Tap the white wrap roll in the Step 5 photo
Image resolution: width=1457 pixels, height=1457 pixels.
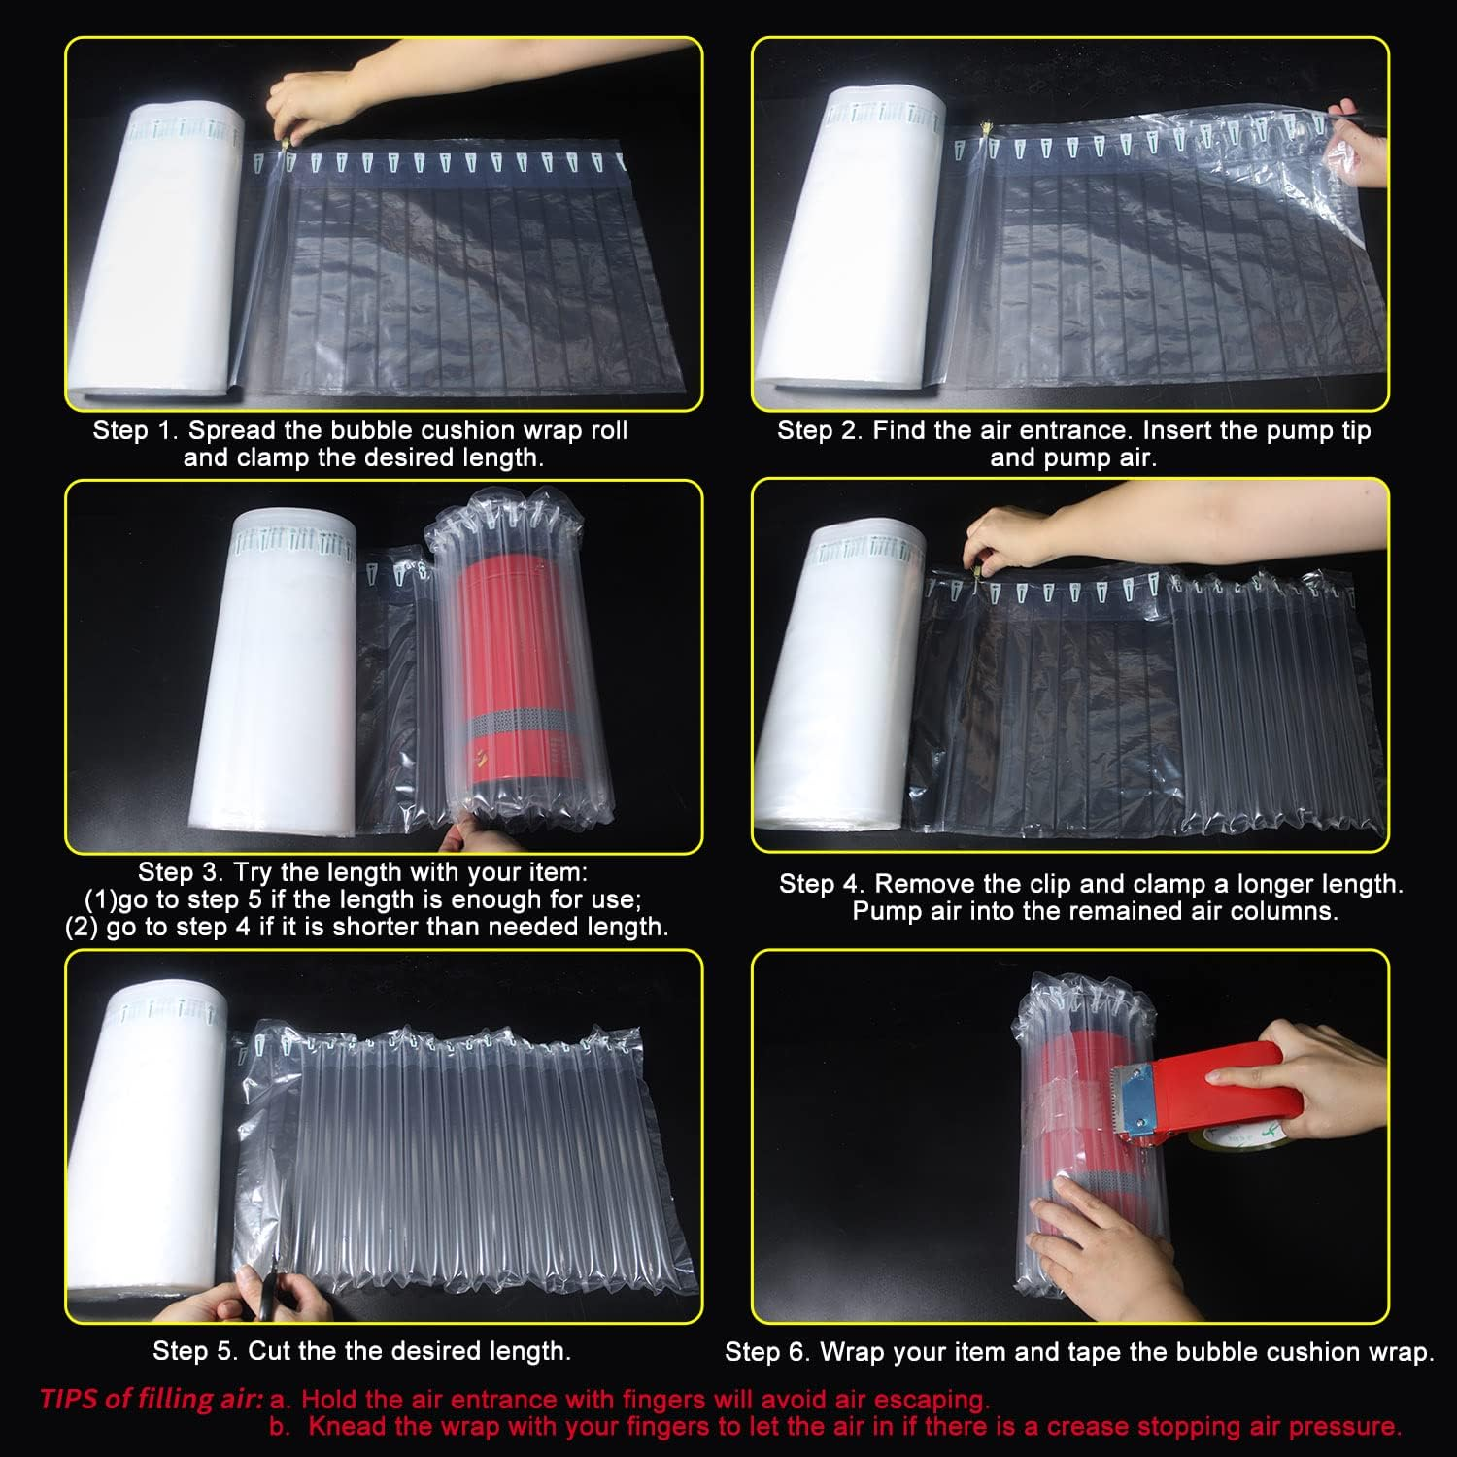click(146, 1146)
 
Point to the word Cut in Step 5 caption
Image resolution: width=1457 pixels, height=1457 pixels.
click(269, 1351)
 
